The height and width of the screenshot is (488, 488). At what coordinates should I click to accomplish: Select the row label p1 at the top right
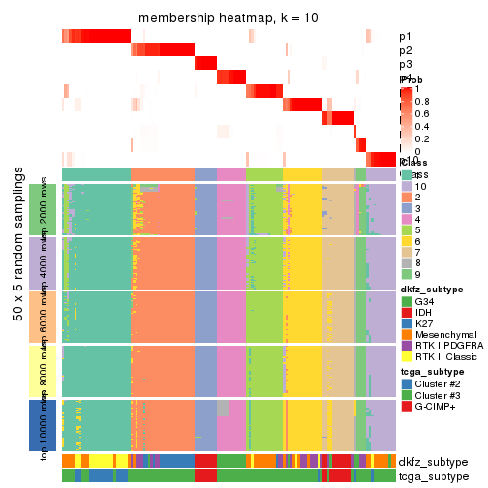[x=405, y=37]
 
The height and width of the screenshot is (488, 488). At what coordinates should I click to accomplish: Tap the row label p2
[x=405, y=50]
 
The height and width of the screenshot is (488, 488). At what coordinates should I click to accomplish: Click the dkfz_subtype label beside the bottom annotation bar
[x=432, y=461]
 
